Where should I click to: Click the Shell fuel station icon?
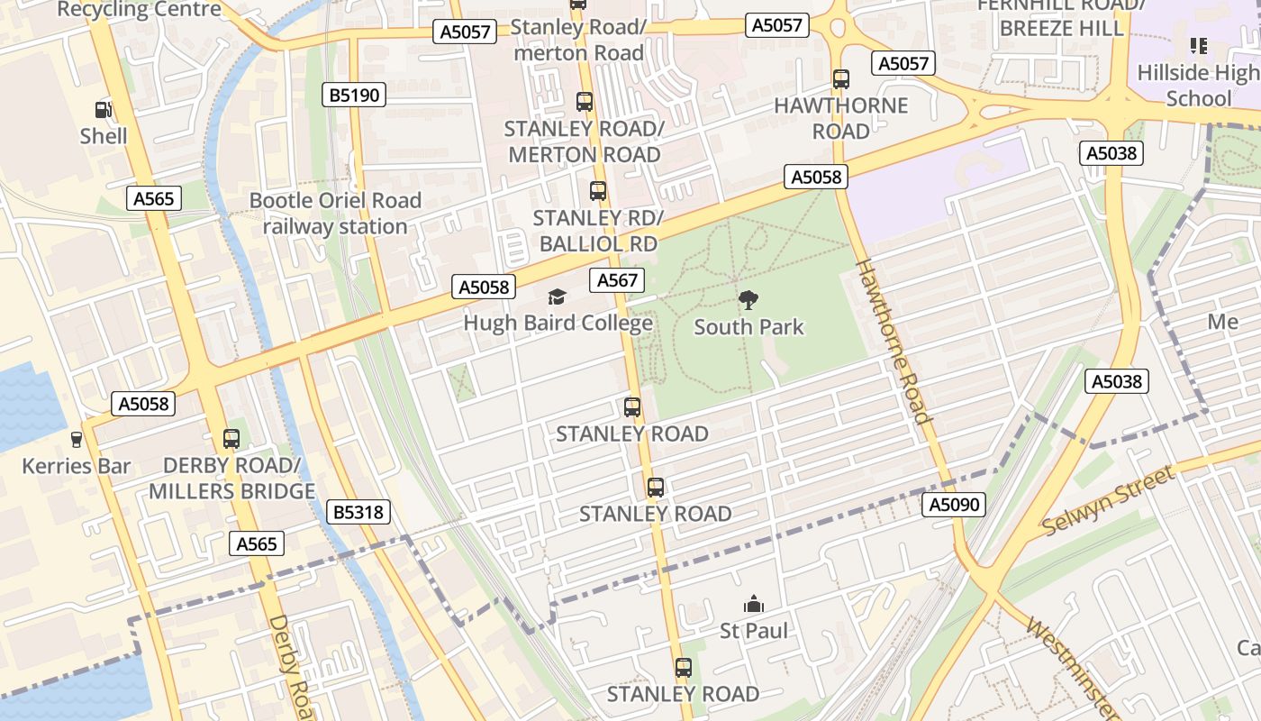tap(104, 110)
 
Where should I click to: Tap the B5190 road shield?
tap(354, 94)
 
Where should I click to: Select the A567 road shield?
tap(618, 280)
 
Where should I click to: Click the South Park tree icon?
tap(748, 300)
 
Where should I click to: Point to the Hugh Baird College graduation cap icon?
tap(558, 297)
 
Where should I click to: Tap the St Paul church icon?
tap(754, 604)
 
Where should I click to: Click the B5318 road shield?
tap(358, 513)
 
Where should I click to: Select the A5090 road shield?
tap(954, 505)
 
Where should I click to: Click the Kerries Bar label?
tap(77, 466)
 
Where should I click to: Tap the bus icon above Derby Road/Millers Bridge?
tap(231, 439)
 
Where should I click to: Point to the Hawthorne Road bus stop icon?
tap(841, 79)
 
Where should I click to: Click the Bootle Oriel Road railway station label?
tap(335, 214)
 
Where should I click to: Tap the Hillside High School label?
tap(1198, 85)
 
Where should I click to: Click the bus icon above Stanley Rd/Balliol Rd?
tap(597, 191)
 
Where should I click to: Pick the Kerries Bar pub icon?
tap(77, 440)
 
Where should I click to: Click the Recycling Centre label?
tap(139, 10)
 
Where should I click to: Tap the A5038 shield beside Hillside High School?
tap(1111, 153)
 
